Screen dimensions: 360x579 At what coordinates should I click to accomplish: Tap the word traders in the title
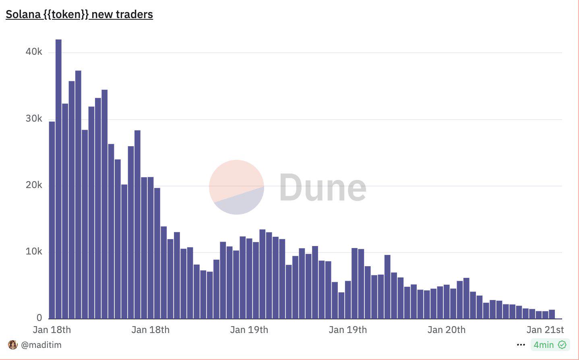pyautogui.click(x=134, y=14)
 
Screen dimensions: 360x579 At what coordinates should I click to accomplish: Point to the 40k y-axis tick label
pyautogui.click(x=34, y=52)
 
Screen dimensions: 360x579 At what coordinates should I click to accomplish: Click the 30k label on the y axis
pyautogui.click(x=34, y=119)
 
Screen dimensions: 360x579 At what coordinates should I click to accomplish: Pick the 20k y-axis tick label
pyautogui.click(x=34, y=185)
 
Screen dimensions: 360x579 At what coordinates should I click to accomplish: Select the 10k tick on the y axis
pyautogui.click(x=34, y=252)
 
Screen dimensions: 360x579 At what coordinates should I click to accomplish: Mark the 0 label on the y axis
pyautogui.click(x=39, y=318)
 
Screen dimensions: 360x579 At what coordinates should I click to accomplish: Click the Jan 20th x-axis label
pyautogui.click(x=446, y=330)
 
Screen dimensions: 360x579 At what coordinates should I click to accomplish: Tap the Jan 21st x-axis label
pyautogui.click(x=545, y=330)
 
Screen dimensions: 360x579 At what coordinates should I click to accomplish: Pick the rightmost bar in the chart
pyautogui.click(x=552, y=314)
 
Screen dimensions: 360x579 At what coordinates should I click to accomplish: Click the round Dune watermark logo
pyautogui.click(x=236, y=187)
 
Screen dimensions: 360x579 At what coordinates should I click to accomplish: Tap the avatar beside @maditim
pyautogui.click(x=13, y=345)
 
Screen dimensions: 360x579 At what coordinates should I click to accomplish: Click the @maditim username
pyautogui.click(x=41, y=345)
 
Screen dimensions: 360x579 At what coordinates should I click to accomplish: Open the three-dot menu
pyautogui.click(x=521, y=345)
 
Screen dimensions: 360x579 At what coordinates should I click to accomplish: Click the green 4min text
pyautogui.click(x=544, y=345)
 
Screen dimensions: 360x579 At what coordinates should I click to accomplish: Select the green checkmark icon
pyautogui.click(x=562, y=345)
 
